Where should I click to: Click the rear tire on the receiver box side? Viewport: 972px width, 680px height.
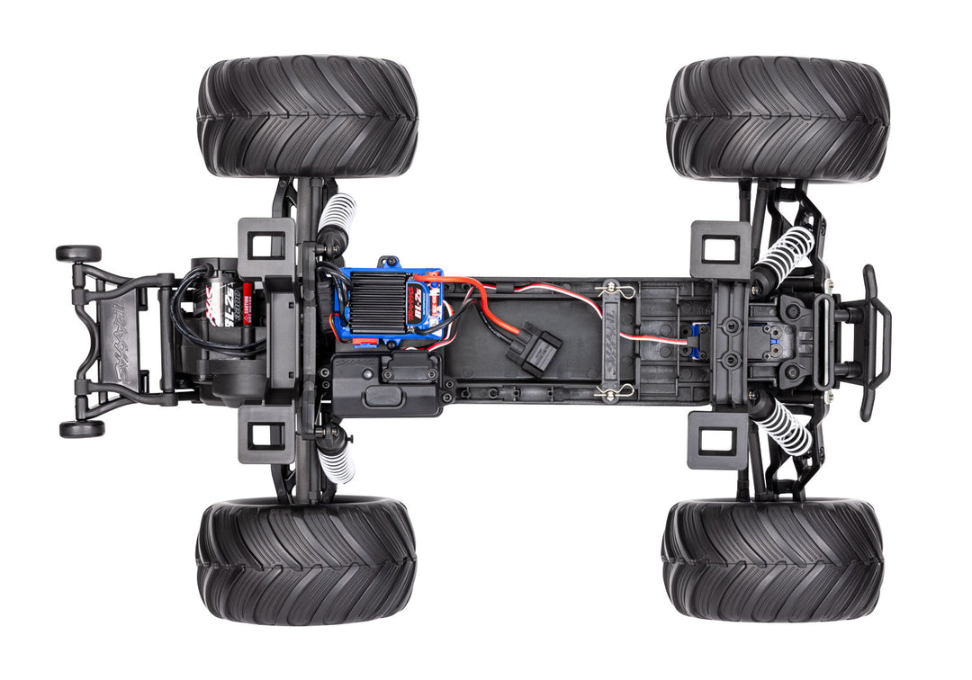[306, 561]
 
